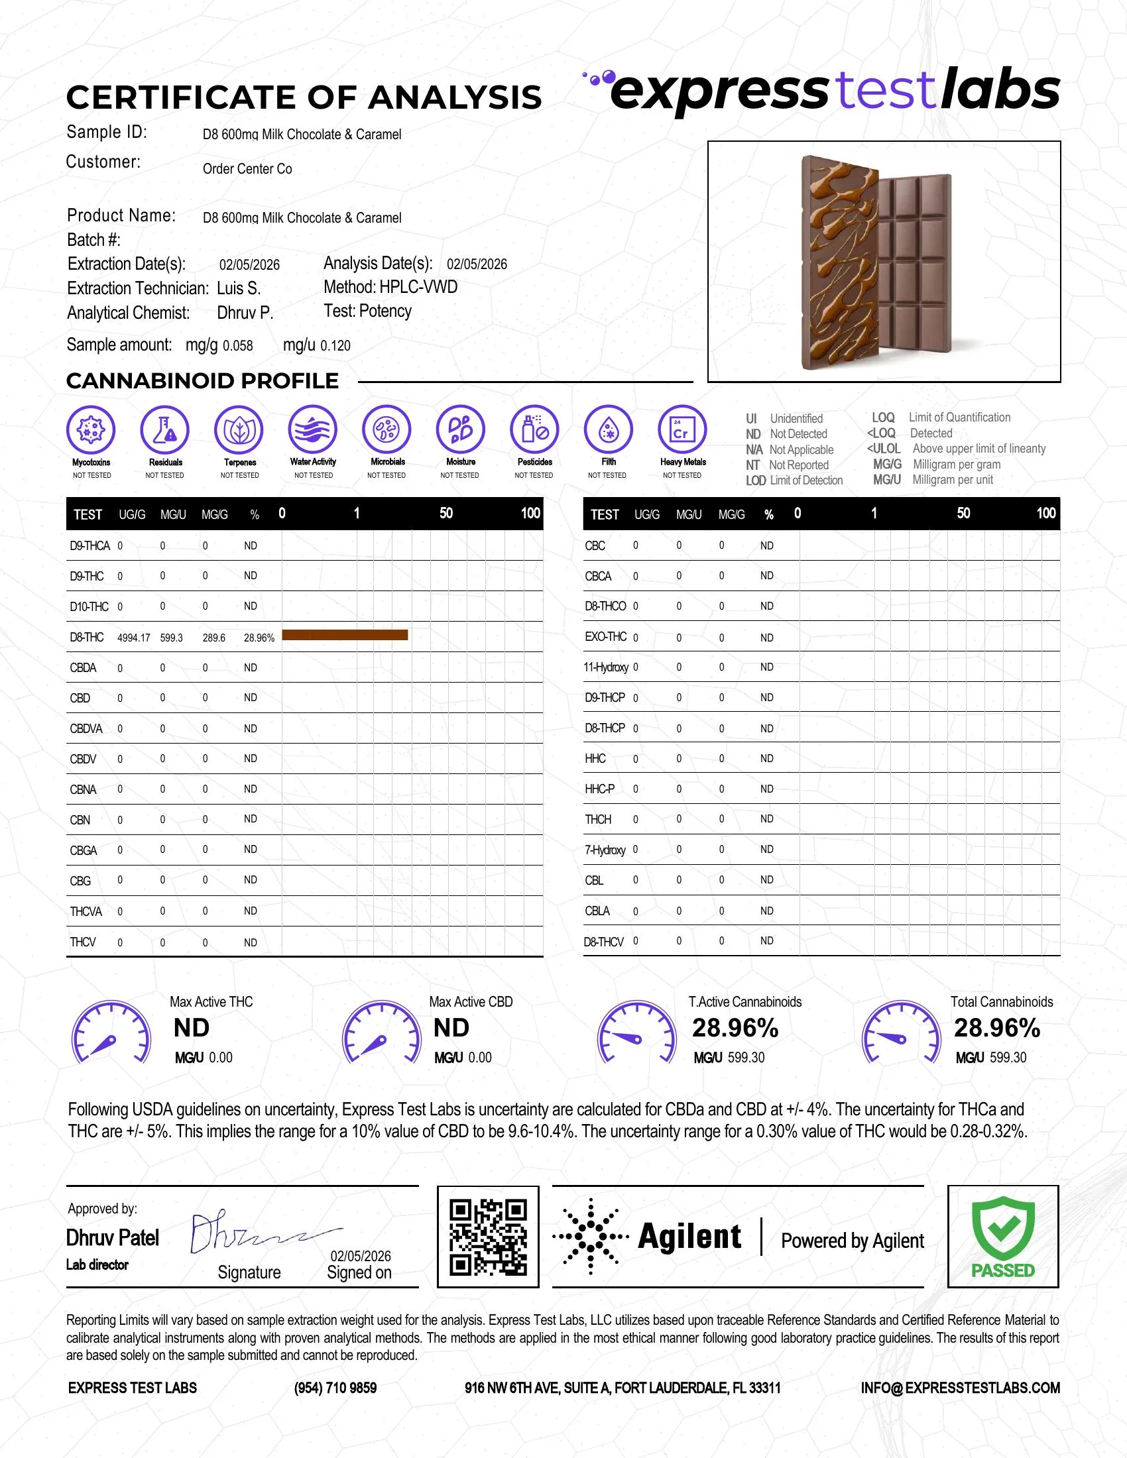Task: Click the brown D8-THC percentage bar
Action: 345,635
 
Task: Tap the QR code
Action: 488,1237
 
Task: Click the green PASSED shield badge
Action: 1003,1237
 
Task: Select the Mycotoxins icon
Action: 91,429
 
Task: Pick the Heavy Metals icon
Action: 682,429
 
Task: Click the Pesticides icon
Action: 534,429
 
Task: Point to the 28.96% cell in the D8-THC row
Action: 259,638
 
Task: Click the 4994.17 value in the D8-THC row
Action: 133,638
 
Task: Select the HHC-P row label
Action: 599,789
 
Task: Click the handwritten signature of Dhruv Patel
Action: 261,1234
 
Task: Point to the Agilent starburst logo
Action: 590,1237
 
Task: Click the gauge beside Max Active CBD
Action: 381,1033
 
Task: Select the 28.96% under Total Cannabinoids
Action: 997,1028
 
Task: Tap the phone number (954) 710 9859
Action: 335,1388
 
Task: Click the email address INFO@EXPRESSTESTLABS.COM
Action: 960,1388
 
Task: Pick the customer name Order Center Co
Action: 247,169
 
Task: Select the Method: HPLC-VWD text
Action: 390,287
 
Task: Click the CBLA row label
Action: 597,911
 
